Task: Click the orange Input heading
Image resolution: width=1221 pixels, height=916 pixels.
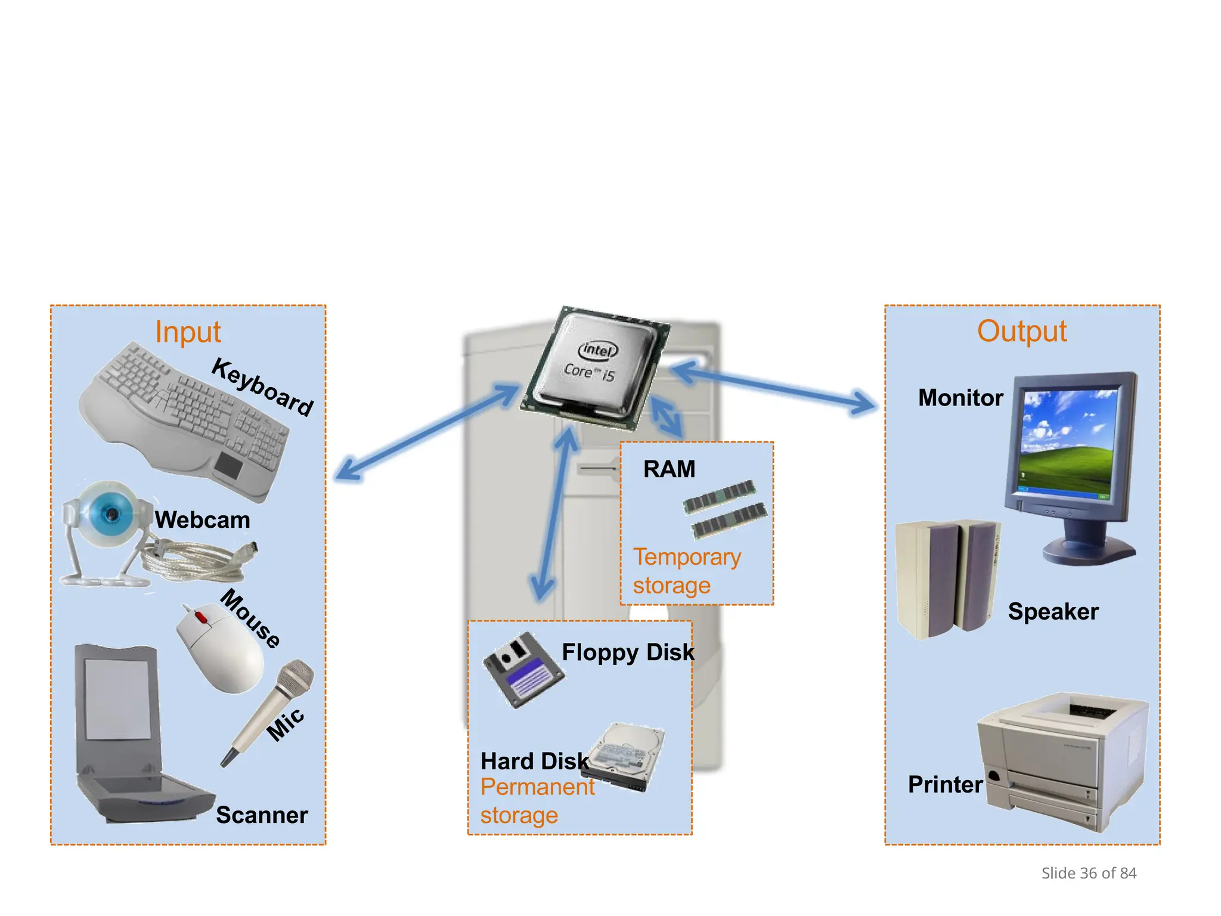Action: pos(188,332)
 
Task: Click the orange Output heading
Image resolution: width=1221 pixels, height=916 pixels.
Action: pos(1021,331)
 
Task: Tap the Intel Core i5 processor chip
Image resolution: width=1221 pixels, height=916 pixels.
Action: pos(594,367)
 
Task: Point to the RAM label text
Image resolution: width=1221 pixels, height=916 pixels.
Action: pos(669,469)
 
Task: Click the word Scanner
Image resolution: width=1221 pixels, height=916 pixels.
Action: pos(262,815)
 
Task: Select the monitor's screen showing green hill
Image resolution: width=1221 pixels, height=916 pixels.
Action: pos(1067,444)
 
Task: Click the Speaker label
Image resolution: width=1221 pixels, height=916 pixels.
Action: pos(1053,612)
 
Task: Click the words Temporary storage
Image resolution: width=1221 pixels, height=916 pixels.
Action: pos(686,571)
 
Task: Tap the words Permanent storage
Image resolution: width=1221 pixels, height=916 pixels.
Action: pos(537,801)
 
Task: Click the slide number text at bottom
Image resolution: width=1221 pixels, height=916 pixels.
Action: pos(1089,873)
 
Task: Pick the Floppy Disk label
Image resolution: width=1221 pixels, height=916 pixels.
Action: pos(628,652)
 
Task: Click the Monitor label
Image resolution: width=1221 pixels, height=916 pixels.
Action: pos(960,398)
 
